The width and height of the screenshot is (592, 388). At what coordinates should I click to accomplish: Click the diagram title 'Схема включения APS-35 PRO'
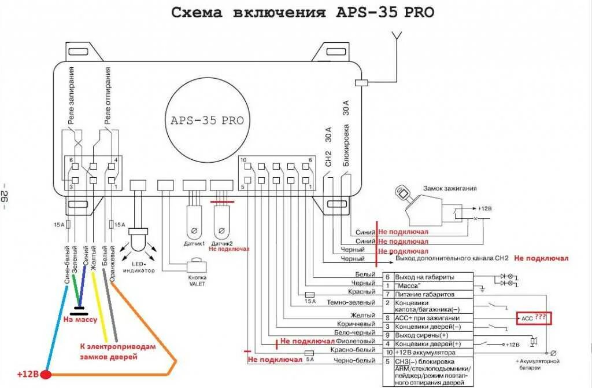(x=303, y=13)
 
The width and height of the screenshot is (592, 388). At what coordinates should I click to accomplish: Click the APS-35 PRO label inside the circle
(x=207, y=120)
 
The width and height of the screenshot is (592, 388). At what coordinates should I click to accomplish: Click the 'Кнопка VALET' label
(x=197, y=281)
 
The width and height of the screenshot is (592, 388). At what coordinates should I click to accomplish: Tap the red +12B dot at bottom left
(x=46, y=375)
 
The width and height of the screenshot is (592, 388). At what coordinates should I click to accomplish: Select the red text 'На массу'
(x=80, y=319)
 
